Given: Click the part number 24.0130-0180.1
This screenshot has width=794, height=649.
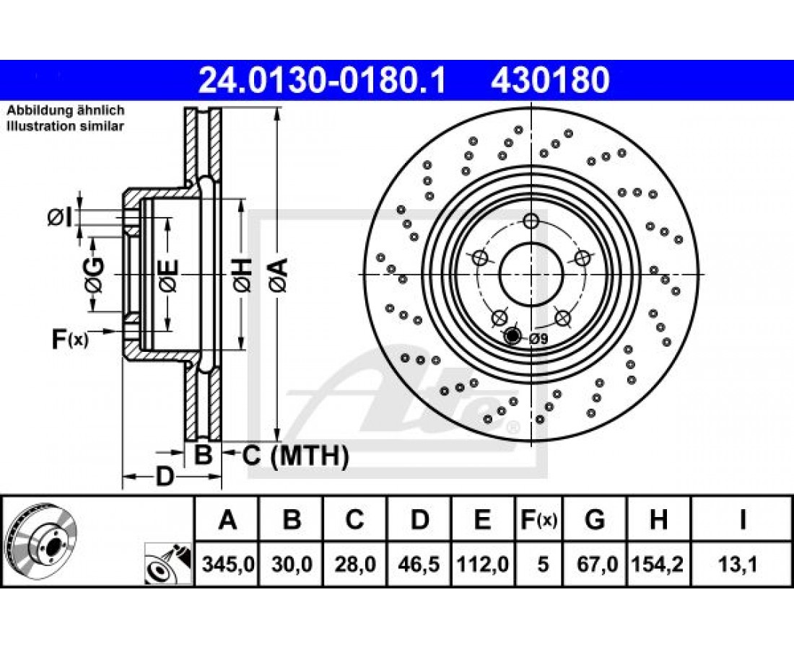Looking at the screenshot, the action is point(322,81).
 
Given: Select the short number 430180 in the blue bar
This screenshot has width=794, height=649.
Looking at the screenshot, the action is point(549,81).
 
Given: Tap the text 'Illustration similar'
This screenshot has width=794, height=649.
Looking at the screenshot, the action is point(65,126).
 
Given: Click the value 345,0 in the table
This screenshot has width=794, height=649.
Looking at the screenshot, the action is point(227,563).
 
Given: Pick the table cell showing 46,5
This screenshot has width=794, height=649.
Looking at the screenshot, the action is point(419,563).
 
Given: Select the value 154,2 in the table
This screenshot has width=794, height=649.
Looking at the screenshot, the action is point(658,563).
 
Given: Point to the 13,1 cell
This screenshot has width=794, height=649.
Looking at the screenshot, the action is point(742,563).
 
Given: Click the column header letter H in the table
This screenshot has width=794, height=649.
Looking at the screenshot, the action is point(658,519).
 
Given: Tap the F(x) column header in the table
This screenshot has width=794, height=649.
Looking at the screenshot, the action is point(538,519).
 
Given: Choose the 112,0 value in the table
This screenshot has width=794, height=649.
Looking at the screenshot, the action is point(483,563).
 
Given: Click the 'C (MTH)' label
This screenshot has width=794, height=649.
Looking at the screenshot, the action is point(295,455).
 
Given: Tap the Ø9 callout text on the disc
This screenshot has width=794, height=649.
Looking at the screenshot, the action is point(538,340).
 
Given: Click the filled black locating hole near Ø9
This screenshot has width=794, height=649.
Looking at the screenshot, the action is point(513,335).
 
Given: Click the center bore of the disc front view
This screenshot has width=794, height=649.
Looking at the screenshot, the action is point(531,274).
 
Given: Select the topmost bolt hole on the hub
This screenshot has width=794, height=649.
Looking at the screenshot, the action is point(531,221).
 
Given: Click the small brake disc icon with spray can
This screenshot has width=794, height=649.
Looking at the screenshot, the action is point(168,564).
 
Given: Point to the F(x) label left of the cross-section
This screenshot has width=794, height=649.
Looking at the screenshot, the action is point(70,340).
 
